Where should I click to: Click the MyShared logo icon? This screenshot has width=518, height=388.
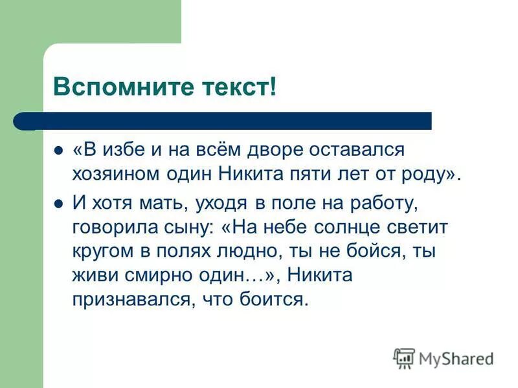(404, 357)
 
